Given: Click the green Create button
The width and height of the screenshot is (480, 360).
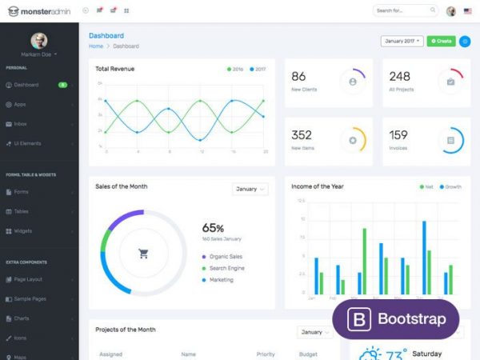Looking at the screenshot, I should tap(441, 40).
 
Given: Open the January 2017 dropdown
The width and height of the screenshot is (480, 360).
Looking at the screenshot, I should tap(402, 40).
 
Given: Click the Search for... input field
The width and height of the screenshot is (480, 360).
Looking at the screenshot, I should tap(406, 10).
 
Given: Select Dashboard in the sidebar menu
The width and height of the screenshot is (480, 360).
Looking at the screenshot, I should tap(26, 84).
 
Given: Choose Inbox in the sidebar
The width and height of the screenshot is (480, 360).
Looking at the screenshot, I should tap(21, 124).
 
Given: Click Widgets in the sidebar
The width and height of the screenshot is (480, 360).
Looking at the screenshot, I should tap(23, 231).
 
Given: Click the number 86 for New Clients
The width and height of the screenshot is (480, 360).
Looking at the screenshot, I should tap(298, 76).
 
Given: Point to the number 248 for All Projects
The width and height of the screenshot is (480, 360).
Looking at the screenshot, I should tap(399, 76).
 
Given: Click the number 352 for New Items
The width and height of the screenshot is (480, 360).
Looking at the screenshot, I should tap(302, 135).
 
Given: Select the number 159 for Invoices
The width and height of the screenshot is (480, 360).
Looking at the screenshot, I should tap(398, 135).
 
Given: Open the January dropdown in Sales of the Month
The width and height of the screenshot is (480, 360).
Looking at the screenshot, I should tap(250, 189).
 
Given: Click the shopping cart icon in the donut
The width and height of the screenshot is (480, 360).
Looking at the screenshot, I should tap(144, 254).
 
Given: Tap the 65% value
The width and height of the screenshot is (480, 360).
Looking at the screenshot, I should tap(213, 228).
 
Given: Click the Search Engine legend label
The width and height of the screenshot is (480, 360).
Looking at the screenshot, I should tap(226, 268).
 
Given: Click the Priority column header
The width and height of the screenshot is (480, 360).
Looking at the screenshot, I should tap(266, 354).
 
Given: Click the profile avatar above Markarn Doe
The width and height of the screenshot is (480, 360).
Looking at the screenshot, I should tap(38, 40).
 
